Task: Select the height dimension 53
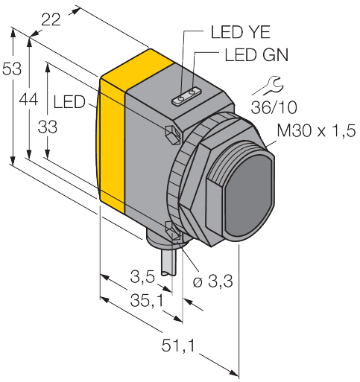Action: point(11,69)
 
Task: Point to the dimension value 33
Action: point(47,127)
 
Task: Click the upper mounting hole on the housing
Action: point(171,133)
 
